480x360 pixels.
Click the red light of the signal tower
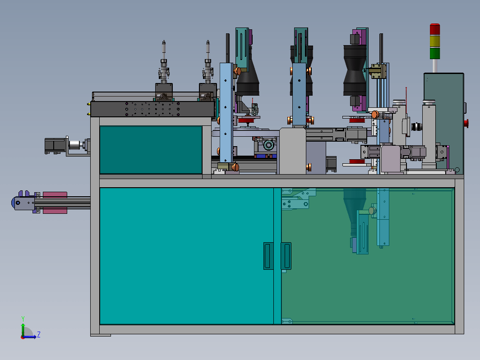tap(435, 29)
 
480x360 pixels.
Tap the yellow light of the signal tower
tap(435, 41)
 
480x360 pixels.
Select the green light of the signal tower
tap(435, 53)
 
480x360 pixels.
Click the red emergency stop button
tap(466, 123)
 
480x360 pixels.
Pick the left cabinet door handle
tap(268, 256)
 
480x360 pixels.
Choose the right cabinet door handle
tap(286, 256)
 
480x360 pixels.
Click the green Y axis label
tap(23, 319)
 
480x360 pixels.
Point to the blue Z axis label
tap(39, 334)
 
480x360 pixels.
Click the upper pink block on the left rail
tap(55, 195)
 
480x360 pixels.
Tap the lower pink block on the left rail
tap(55, 211)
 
